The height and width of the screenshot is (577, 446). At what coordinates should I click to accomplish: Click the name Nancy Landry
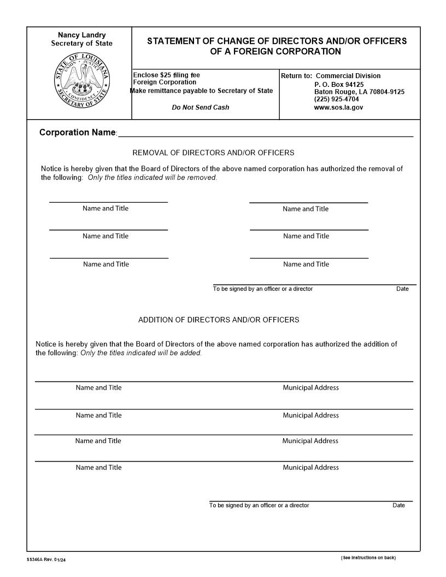(x=82, y=35)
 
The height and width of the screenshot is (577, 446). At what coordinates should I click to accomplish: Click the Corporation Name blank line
(x=266, y=133)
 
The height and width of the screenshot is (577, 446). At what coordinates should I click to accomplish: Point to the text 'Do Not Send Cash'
(x=201, y=108)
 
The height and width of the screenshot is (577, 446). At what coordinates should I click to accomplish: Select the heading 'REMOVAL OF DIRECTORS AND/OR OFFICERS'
(x=213, y=153)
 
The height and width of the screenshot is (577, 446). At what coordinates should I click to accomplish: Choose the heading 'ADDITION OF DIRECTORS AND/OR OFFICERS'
(x=219, y=320)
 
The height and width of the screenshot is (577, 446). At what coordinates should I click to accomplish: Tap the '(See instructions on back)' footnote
(x=368, y=557)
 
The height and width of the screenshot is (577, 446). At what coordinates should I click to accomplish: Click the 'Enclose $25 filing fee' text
(x=167, y=75)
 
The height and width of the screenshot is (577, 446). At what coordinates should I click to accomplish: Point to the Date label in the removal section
(x=402, y=289)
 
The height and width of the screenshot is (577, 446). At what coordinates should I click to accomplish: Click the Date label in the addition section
(x=398, y=505)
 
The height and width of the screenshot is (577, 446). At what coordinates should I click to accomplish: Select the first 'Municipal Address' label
(x=310, y=387)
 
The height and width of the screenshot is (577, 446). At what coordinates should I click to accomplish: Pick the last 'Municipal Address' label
(x=310, y=467)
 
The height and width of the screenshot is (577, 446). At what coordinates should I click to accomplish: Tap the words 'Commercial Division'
(x=348, y=76)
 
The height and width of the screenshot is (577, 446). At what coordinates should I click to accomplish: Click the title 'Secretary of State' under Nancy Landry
(x=82, y=44)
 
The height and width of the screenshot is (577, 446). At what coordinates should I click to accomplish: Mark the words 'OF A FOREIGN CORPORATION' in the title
(x=275, y=52)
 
